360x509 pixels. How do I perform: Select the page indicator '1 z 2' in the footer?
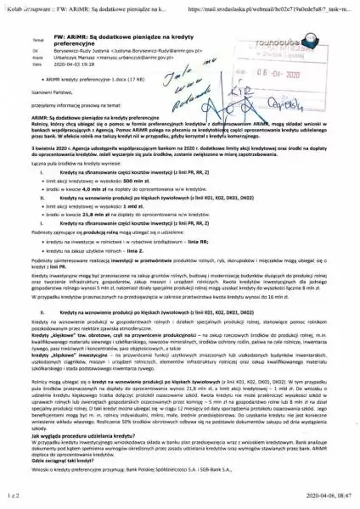pos(12,501)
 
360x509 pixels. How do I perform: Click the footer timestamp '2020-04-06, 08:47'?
pos(323,501)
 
